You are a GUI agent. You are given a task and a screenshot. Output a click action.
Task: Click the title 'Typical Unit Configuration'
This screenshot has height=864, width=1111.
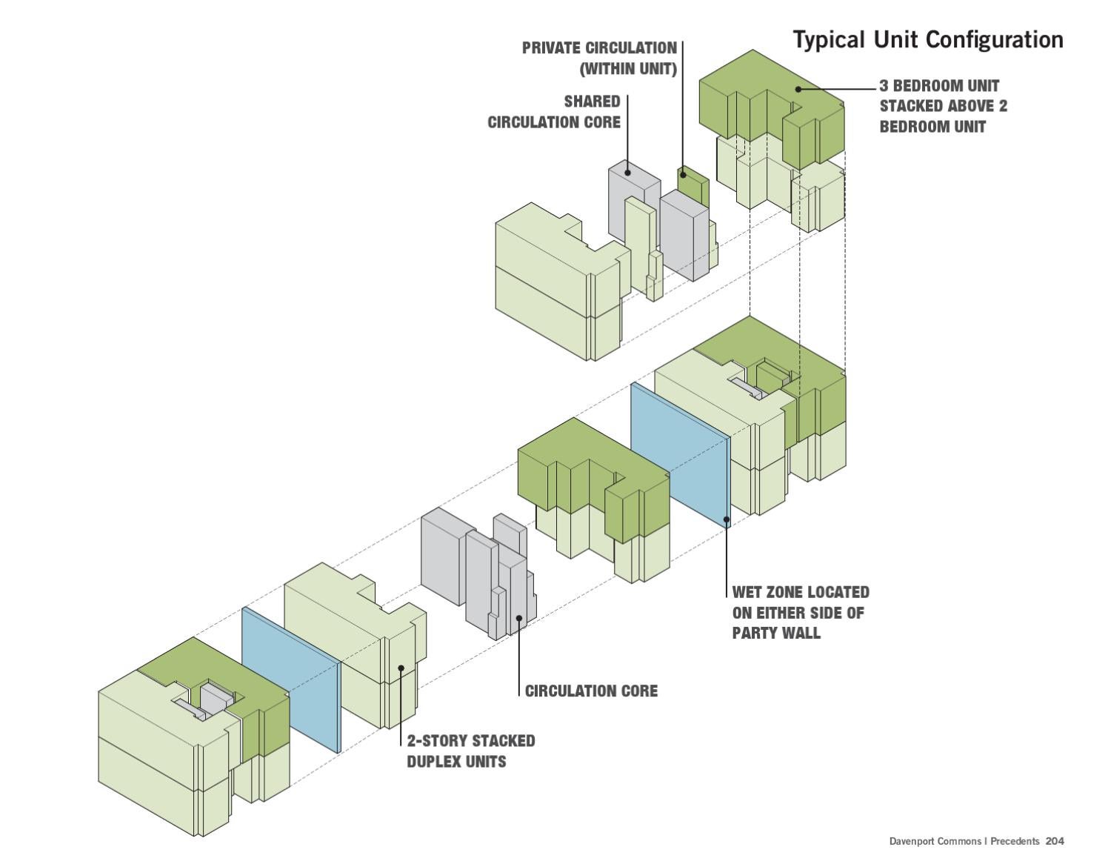pyautogui.click(x=927, y=40)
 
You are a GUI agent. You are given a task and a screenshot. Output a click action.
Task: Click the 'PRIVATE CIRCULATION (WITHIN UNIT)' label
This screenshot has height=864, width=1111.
pyautogui.click(x=599, y=59)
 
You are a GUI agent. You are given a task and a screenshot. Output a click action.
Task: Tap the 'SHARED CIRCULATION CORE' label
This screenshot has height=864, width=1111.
pyautogui.click(x=554, y=112)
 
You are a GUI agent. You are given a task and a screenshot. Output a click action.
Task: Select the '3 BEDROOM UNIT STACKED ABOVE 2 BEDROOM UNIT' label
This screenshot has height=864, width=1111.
pyautogui.click(x=942, y=106)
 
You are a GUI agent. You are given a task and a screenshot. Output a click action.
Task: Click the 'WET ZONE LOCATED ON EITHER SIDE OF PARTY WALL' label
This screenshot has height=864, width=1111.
pyautogui.click(x=800, y=613)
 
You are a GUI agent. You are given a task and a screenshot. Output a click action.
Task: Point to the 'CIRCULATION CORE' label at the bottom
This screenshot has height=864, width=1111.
pyautogui.click(x=591, y=691)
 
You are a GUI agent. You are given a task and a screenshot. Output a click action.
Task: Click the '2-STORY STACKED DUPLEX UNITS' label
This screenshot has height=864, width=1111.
pyautogui.click(x=470, y=751)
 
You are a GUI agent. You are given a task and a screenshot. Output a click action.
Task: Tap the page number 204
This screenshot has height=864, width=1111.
pyautogui.click(x=1055, y=841)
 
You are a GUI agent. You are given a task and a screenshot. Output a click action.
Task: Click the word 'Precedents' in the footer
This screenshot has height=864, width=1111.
pyautogui.click(x=1015, y=841)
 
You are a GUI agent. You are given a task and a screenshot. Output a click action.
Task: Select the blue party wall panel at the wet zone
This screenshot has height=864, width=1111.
pyautogui.click(x=679, y=452)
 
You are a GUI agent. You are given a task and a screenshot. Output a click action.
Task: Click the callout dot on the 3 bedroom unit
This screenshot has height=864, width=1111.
pyautogui.click(x=798, y=89)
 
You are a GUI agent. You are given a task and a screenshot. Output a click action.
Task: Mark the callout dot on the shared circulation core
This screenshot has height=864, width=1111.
pyautogui.click(x=627, y=173)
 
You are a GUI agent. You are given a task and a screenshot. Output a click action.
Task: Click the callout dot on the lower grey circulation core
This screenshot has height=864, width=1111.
pyautogui.click(x=519, y=617)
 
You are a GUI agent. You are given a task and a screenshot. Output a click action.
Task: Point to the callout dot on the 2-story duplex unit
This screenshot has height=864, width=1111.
pyautogui.click(x=401, y=668)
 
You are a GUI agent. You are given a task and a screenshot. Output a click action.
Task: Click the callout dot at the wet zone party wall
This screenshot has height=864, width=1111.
pyautogui.click(x=727, y=519)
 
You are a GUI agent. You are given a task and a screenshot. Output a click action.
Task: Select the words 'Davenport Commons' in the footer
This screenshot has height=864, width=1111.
pyautogui.click(x=935, y=841)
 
